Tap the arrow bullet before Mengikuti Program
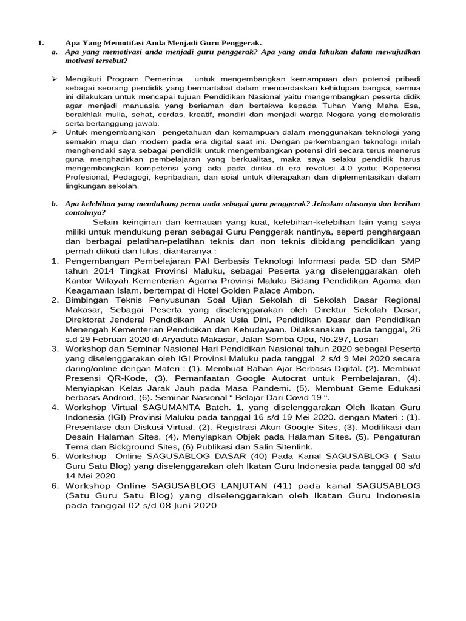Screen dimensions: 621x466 (x=54, y=79)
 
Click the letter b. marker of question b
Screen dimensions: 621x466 (x=55, y=204)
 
